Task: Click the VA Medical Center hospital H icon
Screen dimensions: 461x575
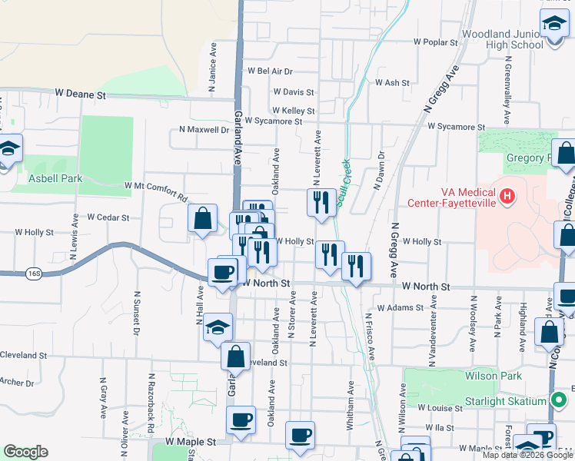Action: [507, 197]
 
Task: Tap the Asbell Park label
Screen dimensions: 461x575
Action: [55, 178]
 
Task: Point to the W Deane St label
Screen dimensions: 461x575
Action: [80, 94]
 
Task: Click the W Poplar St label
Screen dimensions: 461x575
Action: [435, 42]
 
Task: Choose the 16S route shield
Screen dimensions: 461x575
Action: [32, 273]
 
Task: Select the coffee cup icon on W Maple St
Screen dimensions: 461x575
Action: [300, 434]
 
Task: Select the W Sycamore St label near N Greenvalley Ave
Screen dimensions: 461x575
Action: [457, 126]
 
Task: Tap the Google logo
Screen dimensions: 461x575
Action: [25, 452]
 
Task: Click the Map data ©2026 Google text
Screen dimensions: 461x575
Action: [527, 455]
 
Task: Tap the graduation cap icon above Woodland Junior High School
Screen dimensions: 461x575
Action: [553, 22]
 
